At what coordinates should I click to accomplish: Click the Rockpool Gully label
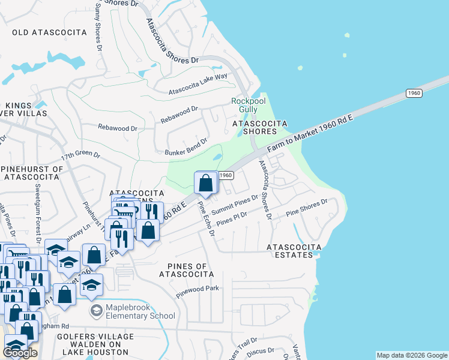coord(249,105)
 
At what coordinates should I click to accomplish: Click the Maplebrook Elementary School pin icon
coord(95,310)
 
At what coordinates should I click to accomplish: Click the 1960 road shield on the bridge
coord(414,93)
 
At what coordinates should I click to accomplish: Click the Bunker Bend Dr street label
coord(186,148)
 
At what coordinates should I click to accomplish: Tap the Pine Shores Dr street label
coord(307,208)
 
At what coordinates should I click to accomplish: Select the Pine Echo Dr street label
coord(206,219)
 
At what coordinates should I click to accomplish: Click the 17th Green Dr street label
coord(80,155)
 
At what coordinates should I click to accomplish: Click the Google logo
coord(20,353)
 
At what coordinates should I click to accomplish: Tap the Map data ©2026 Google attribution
coord(411,355)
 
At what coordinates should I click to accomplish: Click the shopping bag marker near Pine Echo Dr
coord(206,182)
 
